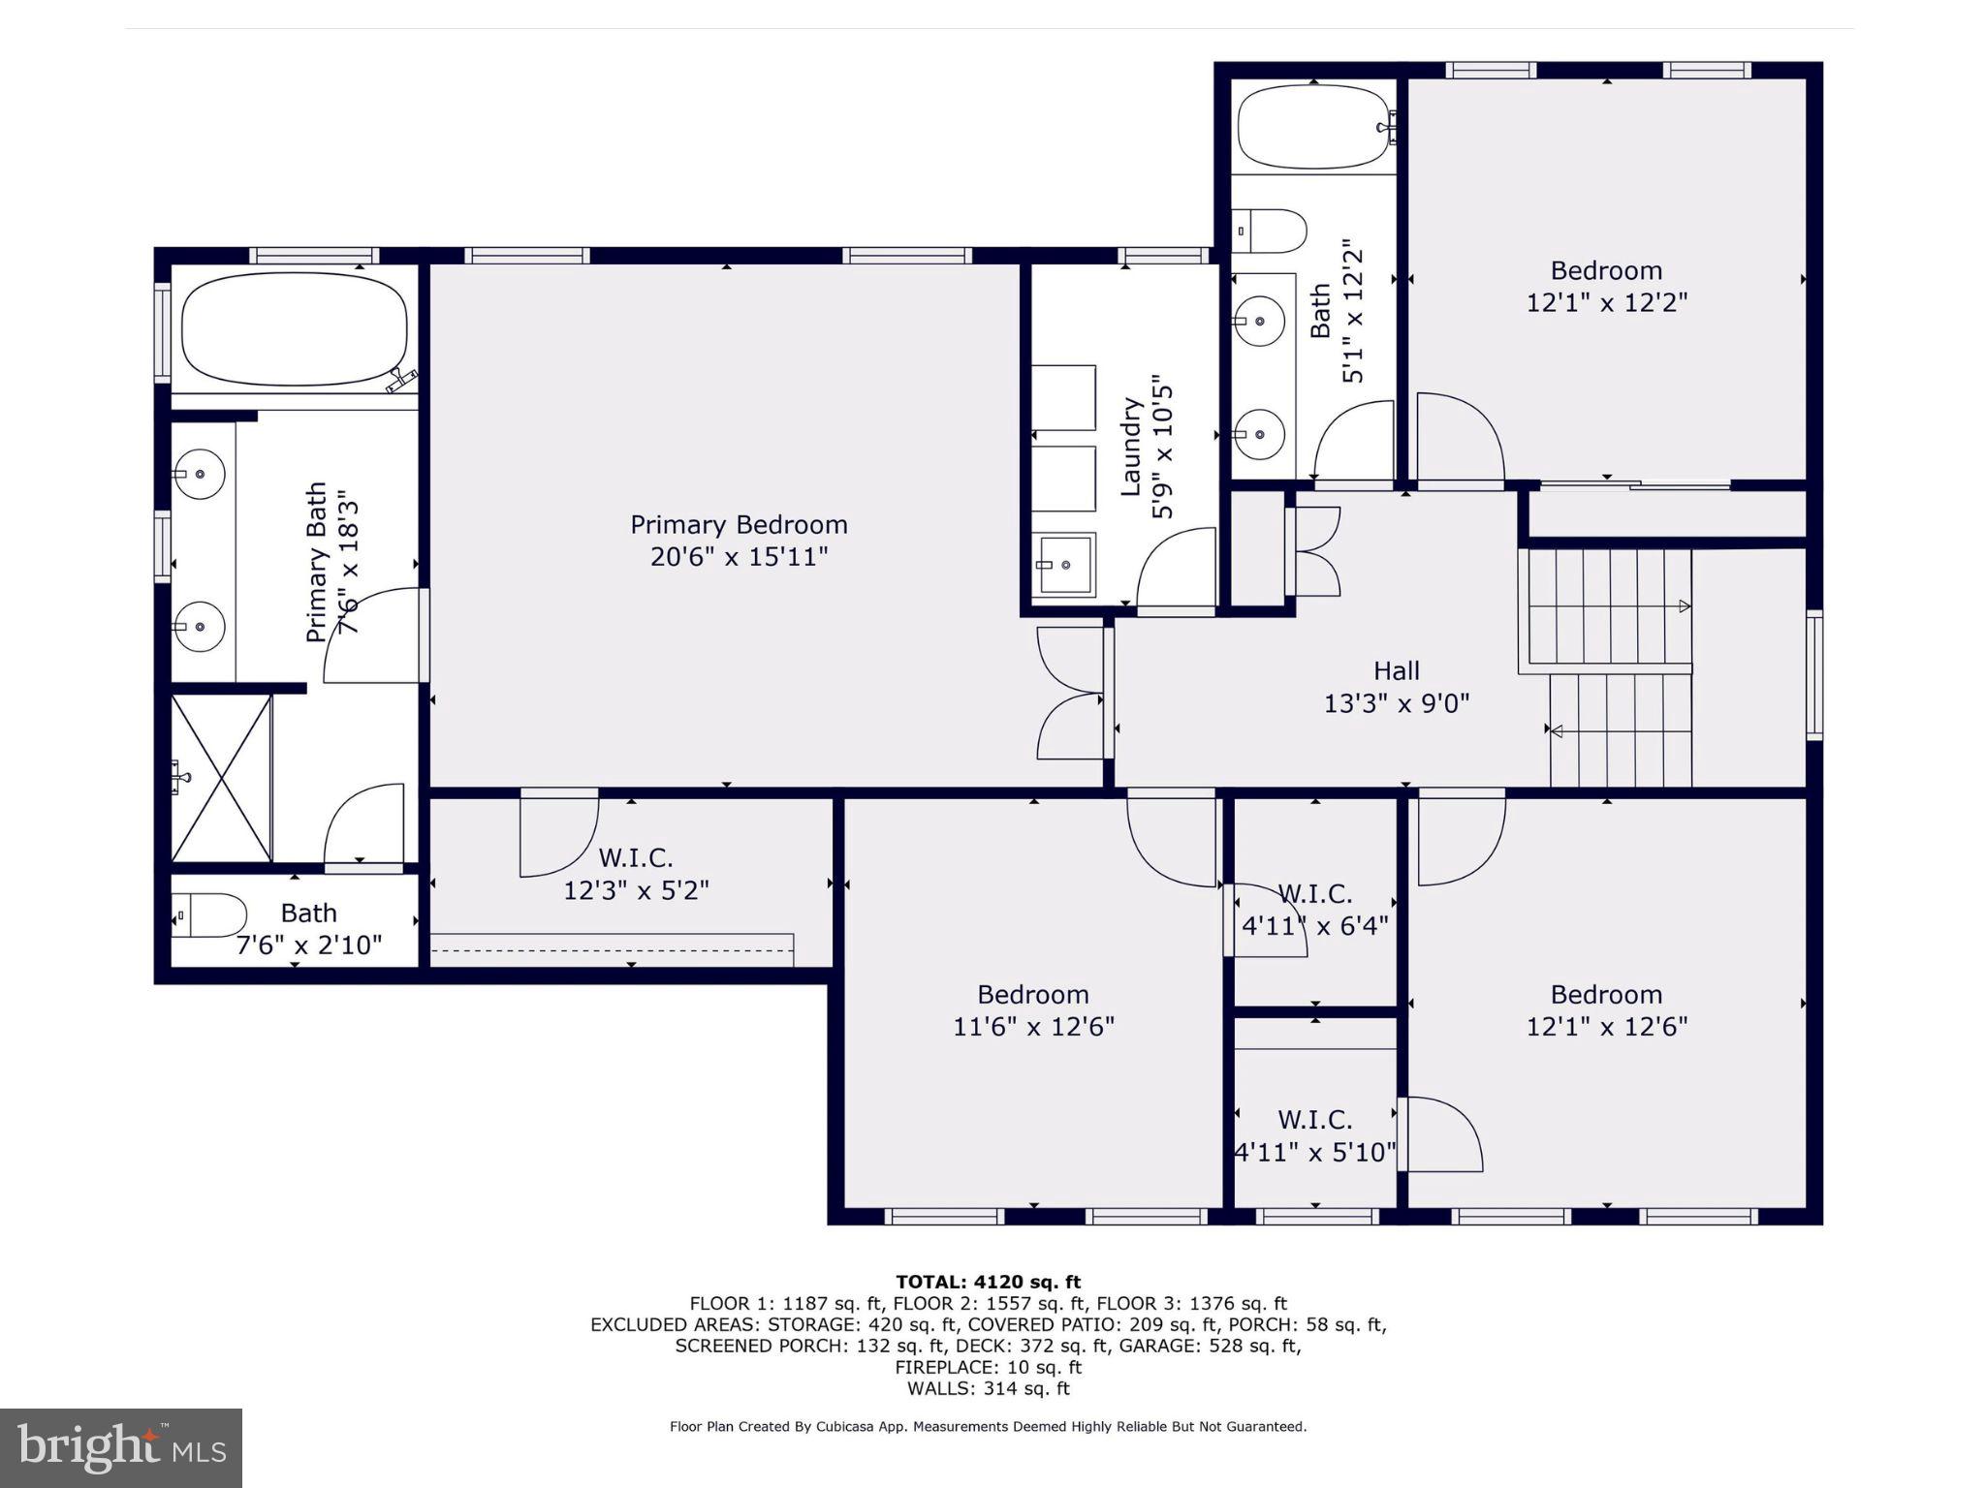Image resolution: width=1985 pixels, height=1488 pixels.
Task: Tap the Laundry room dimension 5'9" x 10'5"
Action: [x=1163, y=451]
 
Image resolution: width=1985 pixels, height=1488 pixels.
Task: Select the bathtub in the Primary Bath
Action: [x=295, y=329]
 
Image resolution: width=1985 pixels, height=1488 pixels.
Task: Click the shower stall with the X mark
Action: [x=221, y=778]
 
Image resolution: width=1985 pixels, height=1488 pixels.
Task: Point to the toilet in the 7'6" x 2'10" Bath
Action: [x=211, y=915]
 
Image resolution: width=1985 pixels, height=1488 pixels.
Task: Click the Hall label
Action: [x=1396, y=670]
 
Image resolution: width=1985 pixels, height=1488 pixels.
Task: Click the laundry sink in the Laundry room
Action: [x=1064, y=564]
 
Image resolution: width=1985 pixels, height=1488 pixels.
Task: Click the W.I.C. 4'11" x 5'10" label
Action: [x=1314, y=1135]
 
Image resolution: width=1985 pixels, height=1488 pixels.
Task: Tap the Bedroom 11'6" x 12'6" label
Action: [x=1033, y=1010]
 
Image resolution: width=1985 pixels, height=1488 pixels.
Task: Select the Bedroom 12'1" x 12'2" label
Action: [x=1606, y=286]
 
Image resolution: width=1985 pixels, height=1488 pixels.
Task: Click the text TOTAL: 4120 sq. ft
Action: [x=988, y=1282]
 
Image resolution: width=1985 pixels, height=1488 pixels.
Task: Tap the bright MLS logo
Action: [x=121, y=1447]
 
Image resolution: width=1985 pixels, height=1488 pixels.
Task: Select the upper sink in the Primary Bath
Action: [x=200, y=475]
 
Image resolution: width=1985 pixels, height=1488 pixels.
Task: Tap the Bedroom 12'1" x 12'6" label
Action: [x=1606, y=1010]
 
